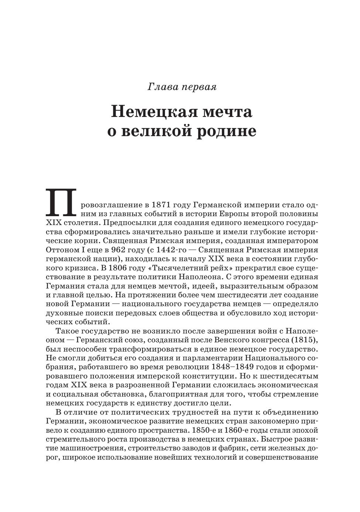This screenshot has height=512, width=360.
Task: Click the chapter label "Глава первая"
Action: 182,87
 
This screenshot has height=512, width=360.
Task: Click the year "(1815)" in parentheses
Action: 305,339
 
